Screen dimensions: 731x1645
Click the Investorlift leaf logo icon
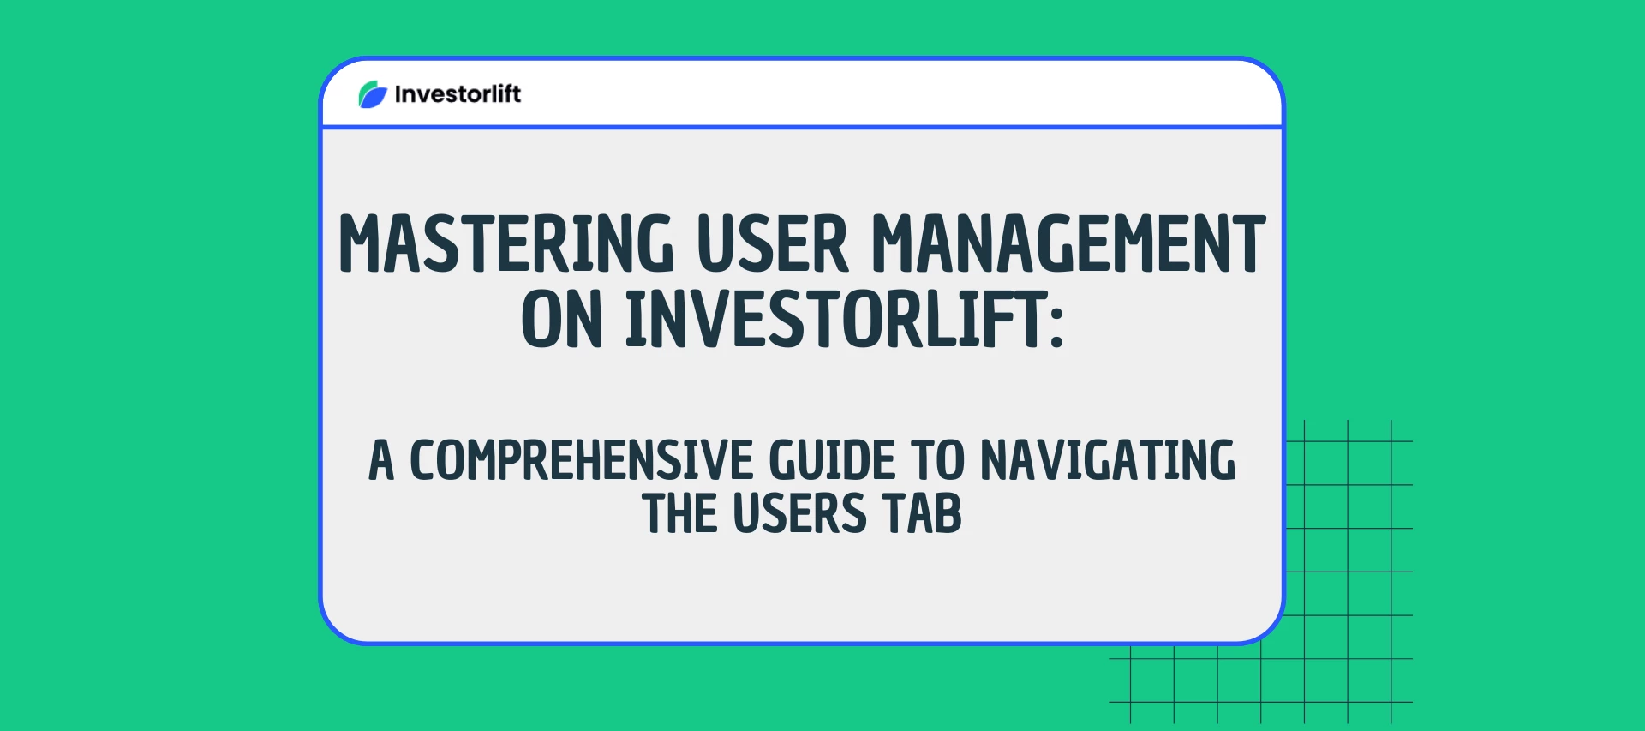click(373, 94)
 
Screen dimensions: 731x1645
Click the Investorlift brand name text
click(458, 94)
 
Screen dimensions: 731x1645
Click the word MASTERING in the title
click(506, 244)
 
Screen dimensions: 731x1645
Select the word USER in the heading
click(772, 244)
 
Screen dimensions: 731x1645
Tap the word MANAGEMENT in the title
click(1068, 244)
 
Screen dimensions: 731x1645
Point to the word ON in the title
click(561, 320)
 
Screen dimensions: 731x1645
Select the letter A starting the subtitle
click(381, 461)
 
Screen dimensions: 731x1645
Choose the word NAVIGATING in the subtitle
click(1108, 461)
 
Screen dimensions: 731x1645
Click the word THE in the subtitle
click(679, 514)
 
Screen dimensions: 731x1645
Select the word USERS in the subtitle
click(800, 514)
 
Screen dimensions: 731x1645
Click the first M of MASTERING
click(360, 244)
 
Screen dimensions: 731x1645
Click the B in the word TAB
click(948, 514)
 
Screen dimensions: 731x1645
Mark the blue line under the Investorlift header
click(802, 128)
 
